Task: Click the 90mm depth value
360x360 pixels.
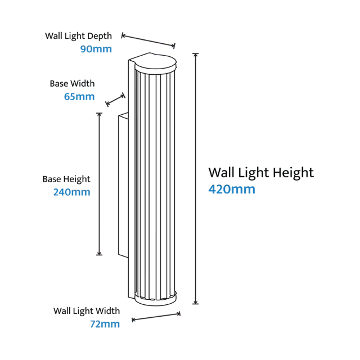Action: point(96,49)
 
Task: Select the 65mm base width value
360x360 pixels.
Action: point(79,96)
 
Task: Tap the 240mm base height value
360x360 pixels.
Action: point(71,192)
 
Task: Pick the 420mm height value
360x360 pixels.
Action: point(232,189)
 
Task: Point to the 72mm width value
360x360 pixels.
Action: point(105,324)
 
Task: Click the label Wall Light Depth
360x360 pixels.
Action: point(78,36)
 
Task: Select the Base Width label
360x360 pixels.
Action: point(72,84)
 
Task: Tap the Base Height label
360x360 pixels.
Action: point(66,179)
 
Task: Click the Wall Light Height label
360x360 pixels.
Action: point(261,173)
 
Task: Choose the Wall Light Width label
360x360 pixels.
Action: point(87,311)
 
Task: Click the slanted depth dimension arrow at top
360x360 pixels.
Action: point(148,40)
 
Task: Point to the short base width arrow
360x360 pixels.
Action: point(115,100)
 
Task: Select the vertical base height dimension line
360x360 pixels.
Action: point(99,184)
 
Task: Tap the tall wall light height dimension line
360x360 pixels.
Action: point(195,179)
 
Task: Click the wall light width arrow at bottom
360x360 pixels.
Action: point(156,317)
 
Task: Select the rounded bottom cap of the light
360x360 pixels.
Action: point(156,300)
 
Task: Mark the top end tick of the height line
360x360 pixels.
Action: point(195,53)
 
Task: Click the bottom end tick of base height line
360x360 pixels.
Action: point(99,255)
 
